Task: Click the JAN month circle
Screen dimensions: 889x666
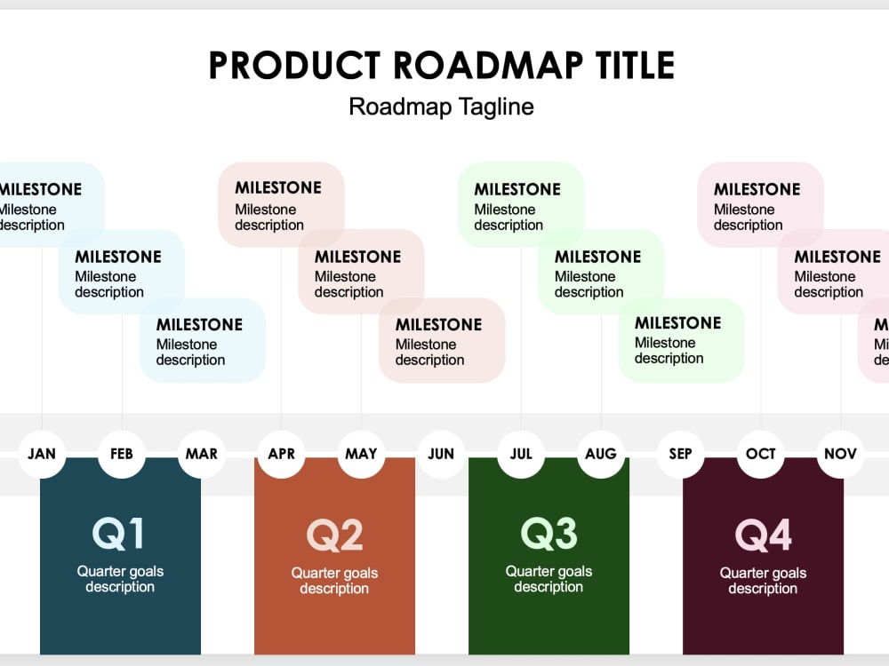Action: pos(42,454)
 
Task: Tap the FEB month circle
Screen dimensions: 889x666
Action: pos(122,454)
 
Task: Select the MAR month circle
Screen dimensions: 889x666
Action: pos(202,454)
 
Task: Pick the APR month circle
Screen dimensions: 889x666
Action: pos(281,454)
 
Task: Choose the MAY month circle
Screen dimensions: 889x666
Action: pos(361,454)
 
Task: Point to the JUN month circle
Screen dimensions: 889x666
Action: pos(441,454)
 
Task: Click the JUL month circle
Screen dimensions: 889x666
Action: pos(521,454)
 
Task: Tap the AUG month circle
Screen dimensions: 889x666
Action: pos(601,454)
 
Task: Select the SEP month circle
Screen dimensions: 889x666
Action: pos(680,454)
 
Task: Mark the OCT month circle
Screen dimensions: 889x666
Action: pos(760,454)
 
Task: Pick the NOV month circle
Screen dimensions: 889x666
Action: pos(840,454)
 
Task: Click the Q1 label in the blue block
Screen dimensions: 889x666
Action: pos(118,534)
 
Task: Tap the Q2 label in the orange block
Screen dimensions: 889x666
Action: pos(334,535)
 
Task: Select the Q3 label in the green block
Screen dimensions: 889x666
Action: pos(549,534)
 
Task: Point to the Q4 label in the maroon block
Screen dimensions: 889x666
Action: pos(763,535)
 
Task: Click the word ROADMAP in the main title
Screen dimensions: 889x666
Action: pos(488,65)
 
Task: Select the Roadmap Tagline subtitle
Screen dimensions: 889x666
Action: pos(441,107)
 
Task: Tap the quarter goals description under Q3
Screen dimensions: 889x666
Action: pos(549,579)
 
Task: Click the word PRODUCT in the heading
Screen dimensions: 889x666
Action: pos(295,65)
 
